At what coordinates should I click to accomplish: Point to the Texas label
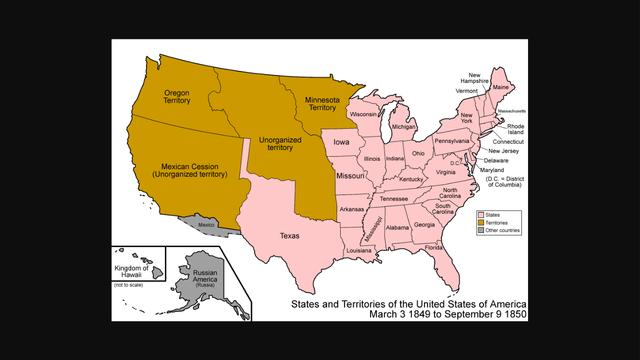pyautogui.click(x=289, y=236)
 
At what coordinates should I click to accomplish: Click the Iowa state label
pyautogui.click(x=342, y=143)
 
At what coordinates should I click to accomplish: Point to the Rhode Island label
pyautogui.click(x=515, y=131)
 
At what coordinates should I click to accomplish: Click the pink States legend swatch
pyautogui.click(x=481, y=214)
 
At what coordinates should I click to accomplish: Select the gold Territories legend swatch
pyautogui.click(x=481, y=223)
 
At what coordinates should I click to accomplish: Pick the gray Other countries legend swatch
pyautogui.click(x=481, y=232)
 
